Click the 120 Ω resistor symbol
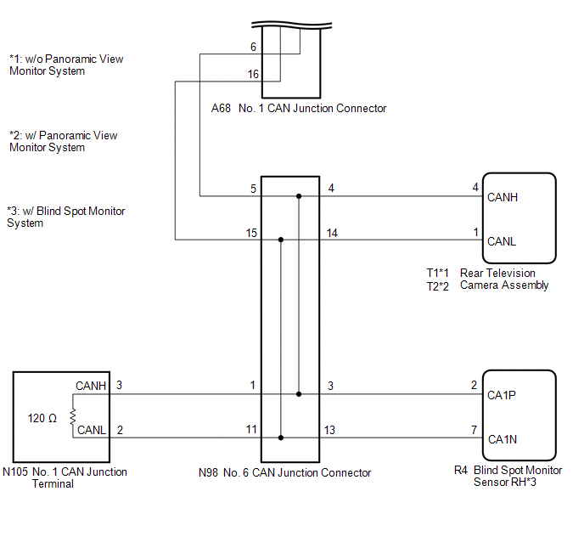(x=73, y=416)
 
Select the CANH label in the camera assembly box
(x=503, y=197)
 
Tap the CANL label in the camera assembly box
(x=502, y=241)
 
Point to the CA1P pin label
(x=502, y=395)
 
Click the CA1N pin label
(x=502, y=439)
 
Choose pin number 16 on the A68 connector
(x=253, y=75)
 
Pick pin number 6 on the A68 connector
(x=253, y=47)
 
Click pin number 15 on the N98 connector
(x=252, y=233)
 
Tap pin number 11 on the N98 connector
(x=251, y=430)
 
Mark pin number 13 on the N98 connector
(x=329, y=430)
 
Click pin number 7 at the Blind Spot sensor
(x=474, y=430)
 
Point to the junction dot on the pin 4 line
(x=299, y=197)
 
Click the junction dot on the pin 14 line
(x=281, y=240)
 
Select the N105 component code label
(x=17, y=472)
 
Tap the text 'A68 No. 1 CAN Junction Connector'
(x=298, y=109)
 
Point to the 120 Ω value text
(x=42, y=418)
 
